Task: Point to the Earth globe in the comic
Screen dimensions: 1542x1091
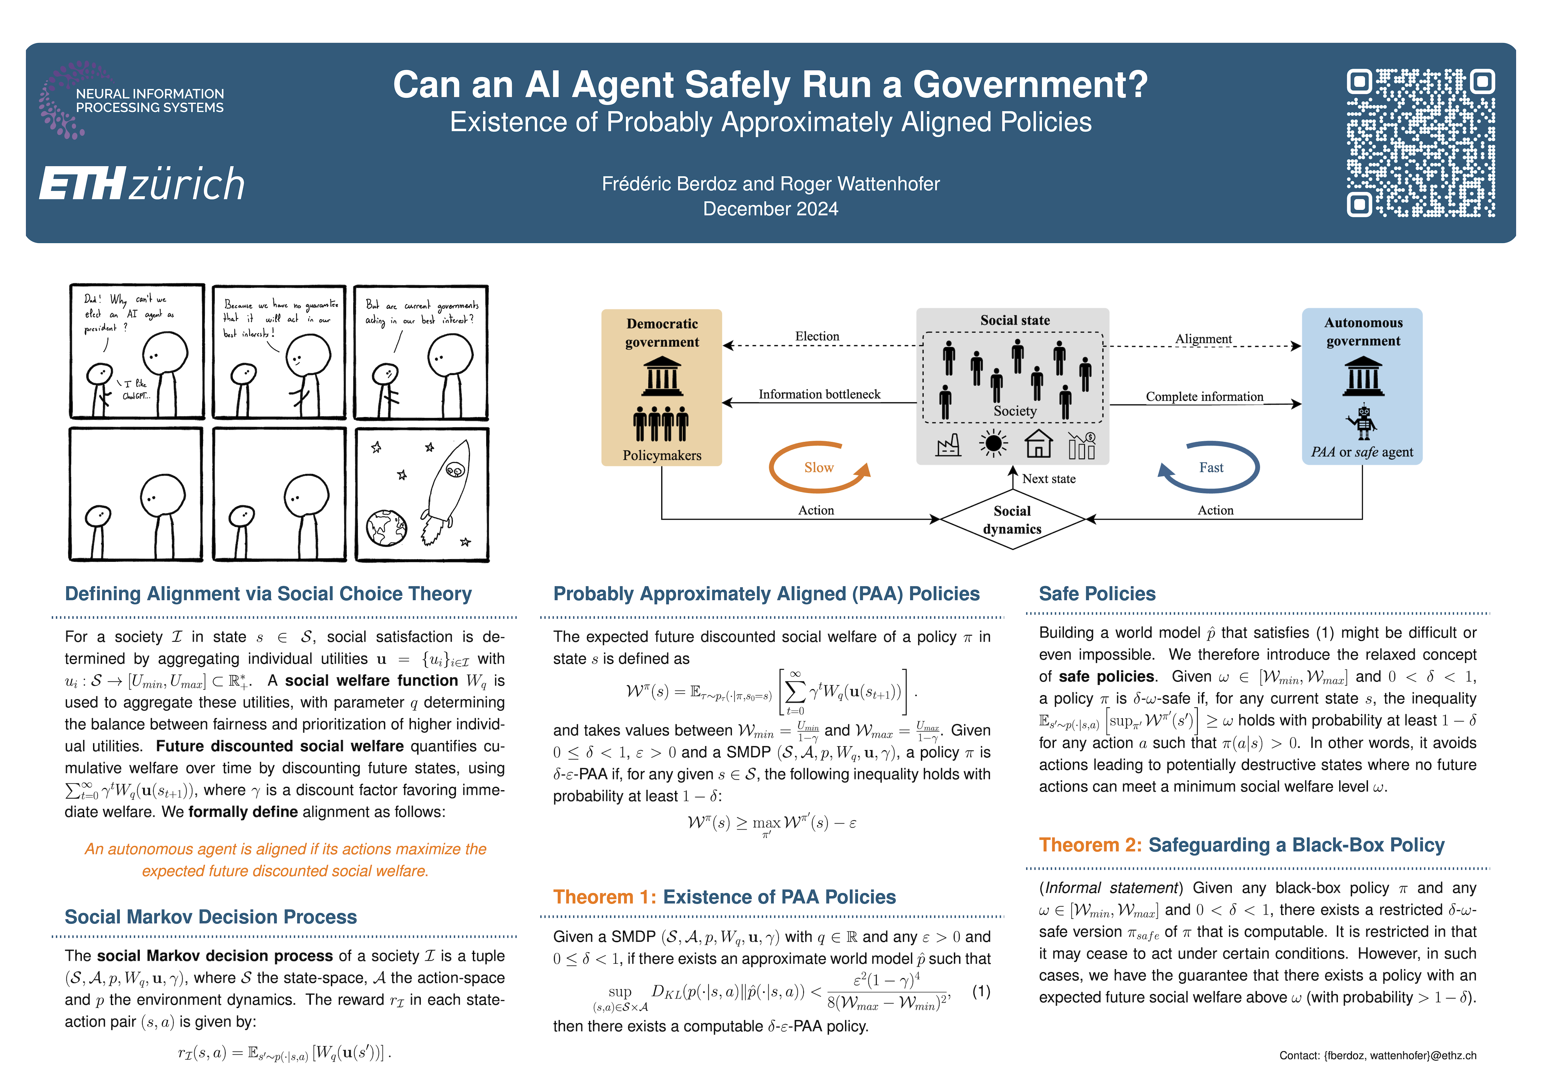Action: [x=386, y=527]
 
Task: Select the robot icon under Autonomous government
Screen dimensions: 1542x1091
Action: [x=1362, y=421]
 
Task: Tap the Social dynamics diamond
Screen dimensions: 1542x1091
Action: [x=1012, y=519]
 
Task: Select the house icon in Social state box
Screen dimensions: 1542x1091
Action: [x=1038, y=443]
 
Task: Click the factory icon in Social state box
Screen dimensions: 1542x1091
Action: [x=948, y=445]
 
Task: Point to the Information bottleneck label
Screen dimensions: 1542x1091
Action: [x=819, y=394]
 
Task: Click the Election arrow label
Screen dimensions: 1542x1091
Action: [x=817, y=336]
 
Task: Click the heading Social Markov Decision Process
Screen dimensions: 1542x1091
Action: [x=211, y=917]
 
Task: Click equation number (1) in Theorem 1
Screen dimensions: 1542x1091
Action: [x=981, y=992]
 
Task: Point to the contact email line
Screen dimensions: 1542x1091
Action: [x=1377, y=1055]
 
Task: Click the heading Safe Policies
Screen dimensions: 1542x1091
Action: [x=1097, y=594]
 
